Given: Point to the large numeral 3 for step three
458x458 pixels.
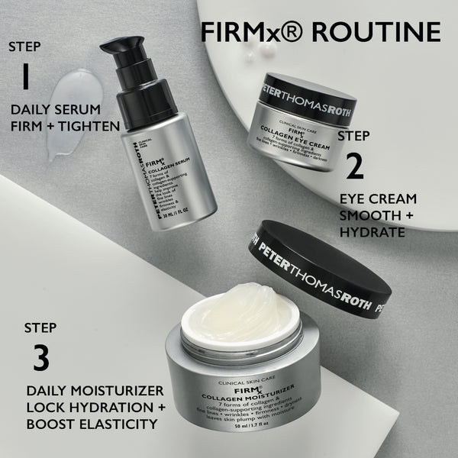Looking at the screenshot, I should pyautogui.click(x=40, y=359).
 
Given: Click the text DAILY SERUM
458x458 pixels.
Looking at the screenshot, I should pyautogui.click(x=51, y=108).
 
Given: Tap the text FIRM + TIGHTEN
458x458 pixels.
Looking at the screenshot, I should pyautogui.click(x=65, y=126).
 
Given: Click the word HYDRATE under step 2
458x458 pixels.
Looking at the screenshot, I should pyautogui.click(x=373, y=231).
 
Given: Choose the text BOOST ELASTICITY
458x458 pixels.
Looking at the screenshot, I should pyautogui.click(x=95, y=422).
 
